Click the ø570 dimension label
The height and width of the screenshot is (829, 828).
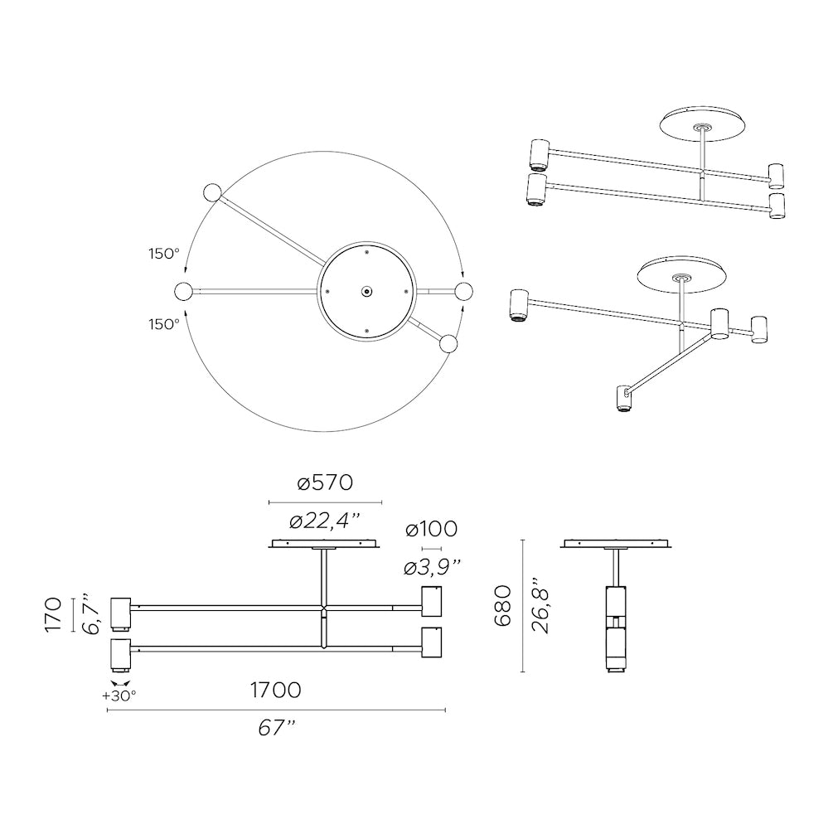click(325, 482)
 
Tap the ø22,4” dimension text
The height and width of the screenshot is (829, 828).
click(325, 521)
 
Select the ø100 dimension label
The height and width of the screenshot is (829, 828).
click(432, 529)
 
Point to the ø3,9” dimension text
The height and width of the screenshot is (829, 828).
click(432, 567)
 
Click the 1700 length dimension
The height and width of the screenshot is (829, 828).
click(275, 690)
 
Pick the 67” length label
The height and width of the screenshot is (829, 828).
click(275, 728)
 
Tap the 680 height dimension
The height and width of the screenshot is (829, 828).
click(502, 606)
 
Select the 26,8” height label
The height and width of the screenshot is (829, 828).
click(541, 605)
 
